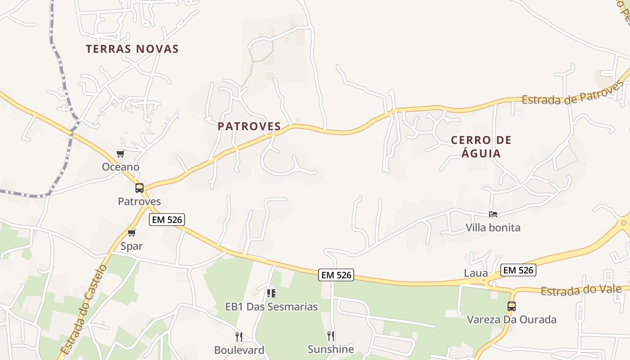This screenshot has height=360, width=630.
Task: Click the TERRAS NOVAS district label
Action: tap(132, 49)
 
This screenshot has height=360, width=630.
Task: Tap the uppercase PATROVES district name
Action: tap(249, 126)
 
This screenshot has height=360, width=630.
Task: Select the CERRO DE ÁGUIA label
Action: tap(481, 147)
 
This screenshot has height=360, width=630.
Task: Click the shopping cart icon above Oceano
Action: tap(120, 154)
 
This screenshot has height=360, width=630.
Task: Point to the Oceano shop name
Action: tap(121, 167)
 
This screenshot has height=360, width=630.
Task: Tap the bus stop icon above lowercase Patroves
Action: tap(139, 188)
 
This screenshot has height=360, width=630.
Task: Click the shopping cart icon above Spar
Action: tap(131, 233)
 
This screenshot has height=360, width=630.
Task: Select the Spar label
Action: tap(131, 246)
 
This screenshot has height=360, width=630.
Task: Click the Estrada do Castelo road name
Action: tap(84, 310)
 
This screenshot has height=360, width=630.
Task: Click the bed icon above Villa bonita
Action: tap(493, 214)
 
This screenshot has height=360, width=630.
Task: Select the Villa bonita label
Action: tap(493, 228)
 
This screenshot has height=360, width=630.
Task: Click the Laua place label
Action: tap(476, 273)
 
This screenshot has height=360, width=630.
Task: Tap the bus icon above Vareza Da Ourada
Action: tap(512, 306)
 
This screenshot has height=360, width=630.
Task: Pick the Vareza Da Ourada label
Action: tap(512, 319)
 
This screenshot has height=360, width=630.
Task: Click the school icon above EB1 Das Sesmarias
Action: tap(271, 293)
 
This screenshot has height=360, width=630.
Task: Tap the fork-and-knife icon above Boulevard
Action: tap(239, 337)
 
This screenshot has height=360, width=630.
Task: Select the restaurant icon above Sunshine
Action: tap(331, 336)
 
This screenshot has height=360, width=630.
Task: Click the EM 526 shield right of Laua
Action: tap(518, 270)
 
